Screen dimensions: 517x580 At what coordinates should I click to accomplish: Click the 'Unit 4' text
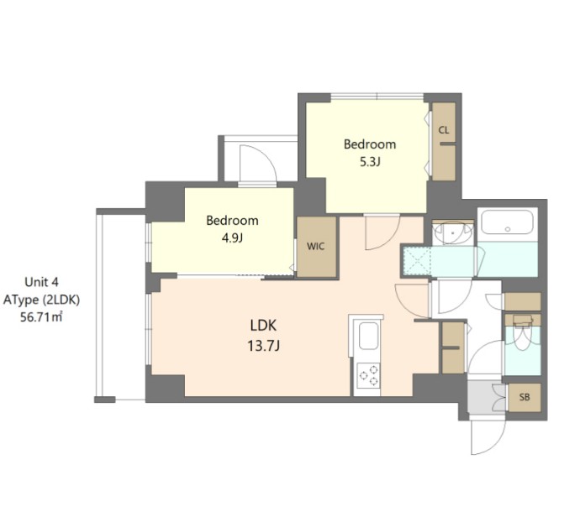[x=41, y=283]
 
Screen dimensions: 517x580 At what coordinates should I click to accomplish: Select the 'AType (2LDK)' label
[x=41, y=299]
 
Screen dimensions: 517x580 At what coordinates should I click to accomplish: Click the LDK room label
[x=263, y=325]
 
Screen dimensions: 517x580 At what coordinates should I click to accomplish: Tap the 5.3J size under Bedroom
[x=369, y=161]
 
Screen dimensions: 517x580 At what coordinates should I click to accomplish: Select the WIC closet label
[x=316, y=247]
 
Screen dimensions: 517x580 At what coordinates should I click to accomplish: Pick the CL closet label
[x=443, y=130]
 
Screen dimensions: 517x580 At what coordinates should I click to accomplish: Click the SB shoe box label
[x=525, y=396]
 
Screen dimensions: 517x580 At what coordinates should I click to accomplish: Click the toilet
[x=522, y=339]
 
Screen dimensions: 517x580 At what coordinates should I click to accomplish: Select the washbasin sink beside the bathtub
[x=455, y=231]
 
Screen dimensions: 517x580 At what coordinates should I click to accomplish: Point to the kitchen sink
[x=369, y=340]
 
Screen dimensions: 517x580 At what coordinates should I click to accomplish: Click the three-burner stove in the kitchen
[x=368, y=375]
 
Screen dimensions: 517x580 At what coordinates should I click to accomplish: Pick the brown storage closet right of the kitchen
[x=452, y=347]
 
